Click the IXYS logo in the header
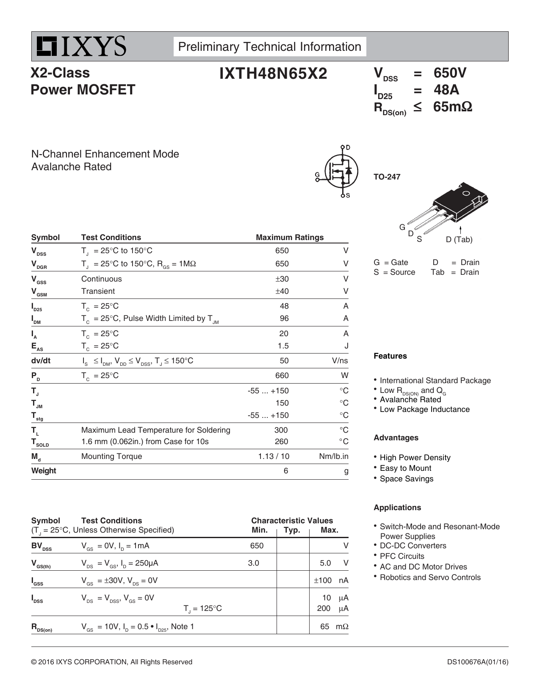80,46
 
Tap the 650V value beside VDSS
450,73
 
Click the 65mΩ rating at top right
452,107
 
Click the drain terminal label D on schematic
348,147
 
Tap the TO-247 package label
387,177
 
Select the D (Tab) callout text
459,240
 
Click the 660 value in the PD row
282,376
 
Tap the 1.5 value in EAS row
283,346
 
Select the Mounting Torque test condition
111,456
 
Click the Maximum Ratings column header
289,238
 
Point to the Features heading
390,356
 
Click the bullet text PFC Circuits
402,556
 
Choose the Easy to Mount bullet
405,468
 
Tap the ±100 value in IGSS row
322,580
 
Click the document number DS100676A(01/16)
477,662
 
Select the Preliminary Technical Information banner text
269,47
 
